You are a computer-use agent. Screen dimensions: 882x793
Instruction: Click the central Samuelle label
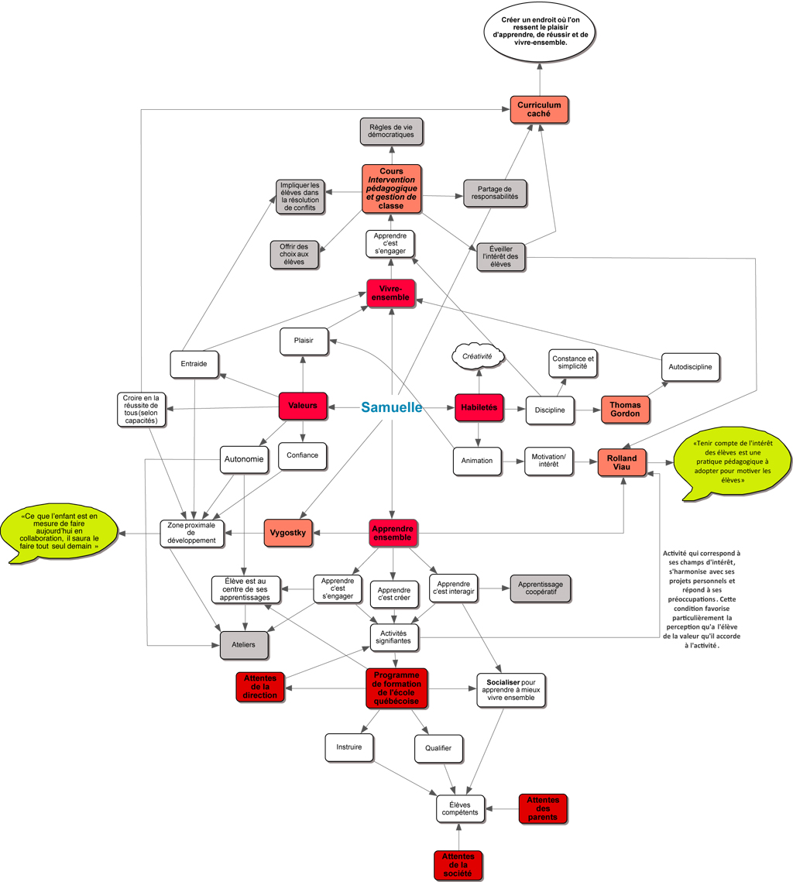(x=392, y=407)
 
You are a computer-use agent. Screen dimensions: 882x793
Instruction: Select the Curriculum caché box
(x=539, y=109)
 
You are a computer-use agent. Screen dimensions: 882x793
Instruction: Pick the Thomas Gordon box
(x=625, y=409)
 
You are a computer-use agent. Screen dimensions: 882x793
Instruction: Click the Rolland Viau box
(x=622, y=462)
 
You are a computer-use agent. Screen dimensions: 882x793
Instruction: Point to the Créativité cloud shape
(x=478, y=356)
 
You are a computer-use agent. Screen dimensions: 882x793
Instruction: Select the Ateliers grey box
(x=244, y=644)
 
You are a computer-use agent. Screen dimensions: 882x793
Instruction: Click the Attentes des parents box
(x=543, y=808)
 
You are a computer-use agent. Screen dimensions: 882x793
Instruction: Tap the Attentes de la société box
(x=458, y=865)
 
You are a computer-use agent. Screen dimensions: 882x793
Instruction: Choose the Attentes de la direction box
(x=260, y=687)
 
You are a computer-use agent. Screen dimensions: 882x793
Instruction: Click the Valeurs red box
(x=303, y=406)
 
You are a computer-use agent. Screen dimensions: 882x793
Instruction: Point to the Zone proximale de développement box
(x=191, y=534)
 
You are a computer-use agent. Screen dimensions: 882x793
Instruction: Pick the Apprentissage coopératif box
(x=540, y=589)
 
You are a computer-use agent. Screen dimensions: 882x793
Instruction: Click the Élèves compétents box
(x=460, y=808)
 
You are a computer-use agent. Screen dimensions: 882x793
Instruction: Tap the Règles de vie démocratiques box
(x=391, y=131)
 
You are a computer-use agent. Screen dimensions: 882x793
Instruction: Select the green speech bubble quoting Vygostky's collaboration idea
(x=59, y=534)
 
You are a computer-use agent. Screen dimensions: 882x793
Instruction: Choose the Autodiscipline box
(x=691, y=366)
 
